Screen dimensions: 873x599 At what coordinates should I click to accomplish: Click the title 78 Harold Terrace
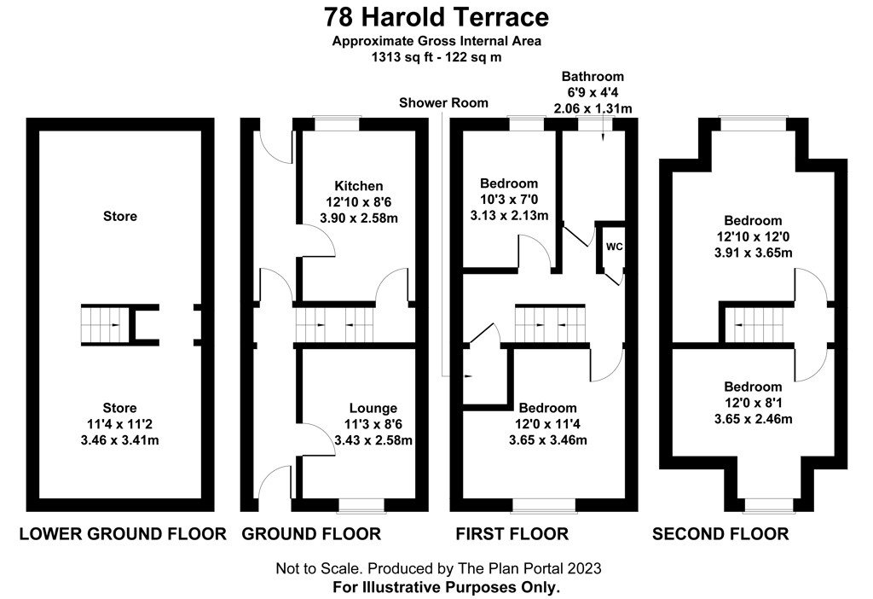click(436, 17)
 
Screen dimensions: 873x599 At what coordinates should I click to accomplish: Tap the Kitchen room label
click(359, 186)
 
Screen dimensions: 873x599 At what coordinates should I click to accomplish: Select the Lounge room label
click(373, 409)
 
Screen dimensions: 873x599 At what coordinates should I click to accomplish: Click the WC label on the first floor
click(614, 247)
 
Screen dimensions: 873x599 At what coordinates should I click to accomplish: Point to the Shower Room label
click(443, 103)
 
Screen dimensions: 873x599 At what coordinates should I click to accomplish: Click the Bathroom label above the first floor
click(593, 76)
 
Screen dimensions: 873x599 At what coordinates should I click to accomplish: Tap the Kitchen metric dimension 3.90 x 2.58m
click(359, 218)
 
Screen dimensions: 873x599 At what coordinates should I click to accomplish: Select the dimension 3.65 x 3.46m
click(548, 440)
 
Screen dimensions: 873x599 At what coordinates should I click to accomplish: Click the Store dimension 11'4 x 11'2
click(119, 424)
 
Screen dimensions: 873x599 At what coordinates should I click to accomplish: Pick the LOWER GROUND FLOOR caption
click(123, 534)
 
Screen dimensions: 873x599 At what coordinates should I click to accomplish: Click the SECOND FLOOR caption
click(720, 534)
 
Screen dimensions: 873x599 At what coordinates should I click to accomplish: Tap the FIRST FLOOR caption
click(512, 534)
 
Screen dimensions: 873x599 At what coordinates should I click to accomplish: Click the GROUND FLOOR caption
click(311, 534)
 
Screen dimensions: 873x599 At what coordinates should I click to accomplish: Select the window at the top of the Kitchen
click(336, 124)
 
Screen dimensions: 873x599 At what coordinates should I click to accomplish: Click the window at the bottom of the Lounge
click(361, 504)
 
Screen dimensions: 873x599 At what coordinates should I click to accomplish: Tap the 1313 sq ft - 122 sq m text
click(436, 57)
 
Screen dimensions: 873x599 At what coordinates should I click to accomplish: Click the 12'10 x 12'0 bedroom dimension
click(753, 237)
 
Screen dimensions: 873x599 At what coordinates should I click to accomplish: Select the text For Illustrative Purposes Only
click(446, 587)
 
